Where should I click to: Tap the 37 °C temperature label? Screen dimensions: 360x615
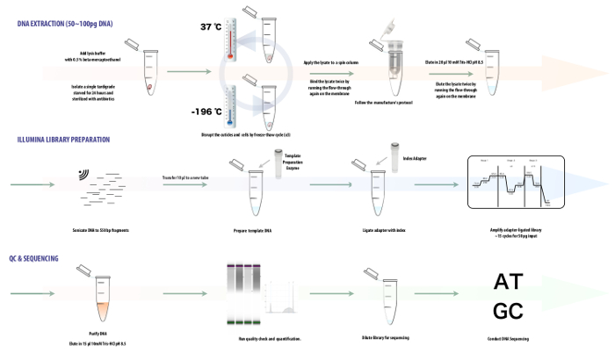tap(211, 27)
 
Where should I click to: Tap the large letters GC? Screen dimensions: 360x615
tap(512, 312)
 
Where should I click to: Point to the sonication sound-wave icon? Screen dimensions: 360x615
tap(83, 174)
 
